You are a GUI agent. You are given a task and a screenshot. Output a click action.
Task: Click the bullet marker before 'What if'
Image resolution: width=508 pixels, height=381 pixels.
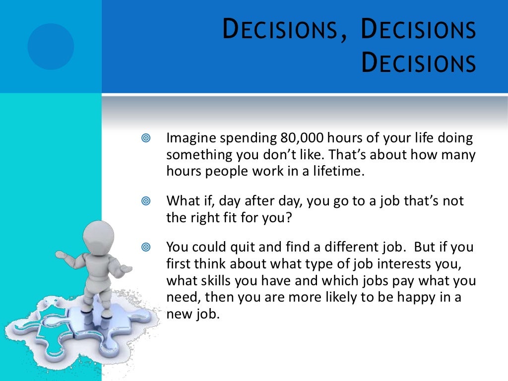pyautogui.click(x=145, y=201)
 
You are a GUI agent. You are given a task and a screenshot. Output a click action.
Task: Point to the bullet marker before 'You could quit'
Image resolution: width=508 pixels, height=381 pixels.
pyautogui.click(x=145, y=247)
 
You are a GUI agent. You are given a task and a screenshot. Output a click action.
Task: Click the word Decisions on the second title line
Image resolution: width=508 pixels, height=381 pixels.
pyautogui.click(x=418, y=64)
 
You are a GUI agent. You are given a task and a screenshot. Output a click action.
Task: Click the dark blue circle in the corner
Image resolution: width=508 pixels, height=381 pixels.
pyautogui.click(x=51, y=46)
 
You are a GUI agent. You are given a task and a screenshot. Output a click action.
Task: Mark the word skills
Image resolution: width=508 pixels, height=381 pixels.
pyautogui.click(x=212, y=280)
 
